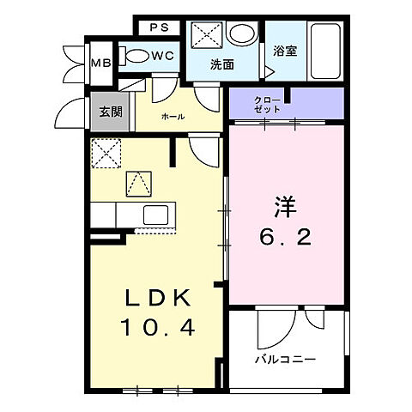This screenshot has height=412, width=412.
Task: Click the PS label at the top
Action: click(x=159, y=27)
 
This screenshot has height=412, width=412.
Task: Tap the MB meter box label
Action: click(x=100, y=62)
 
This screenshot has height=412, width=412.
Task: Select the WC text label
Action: click(x=163, y=56)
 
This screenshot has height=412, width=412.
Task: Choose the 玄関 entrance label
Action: click(x=109, y=112)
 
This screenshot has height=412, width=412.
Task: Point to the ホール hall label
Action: click(x=173, y=115)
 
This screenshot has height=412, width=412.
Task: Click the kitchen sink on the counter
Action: click(x=157, y=215)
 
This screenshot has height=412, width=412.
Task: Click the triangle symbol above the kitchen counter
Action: click(x=137, y=183)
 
